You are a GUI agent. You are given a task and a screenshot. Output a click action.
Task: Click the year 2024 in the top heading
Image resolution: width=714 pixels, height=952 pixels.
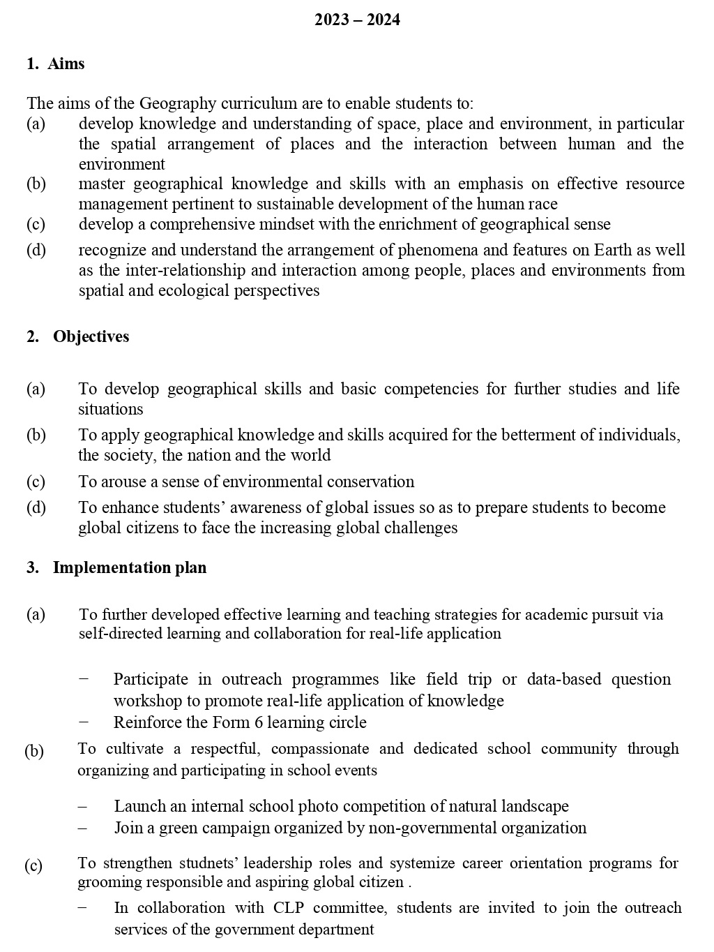[383, 20]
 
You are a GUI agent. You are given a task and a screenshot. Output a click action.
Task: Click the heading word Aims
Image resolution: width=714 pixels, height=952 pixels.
[66, 64]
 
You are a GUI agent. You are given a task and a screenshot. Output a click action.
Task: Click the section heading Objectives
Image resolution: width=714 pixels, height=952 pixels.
[91, 336]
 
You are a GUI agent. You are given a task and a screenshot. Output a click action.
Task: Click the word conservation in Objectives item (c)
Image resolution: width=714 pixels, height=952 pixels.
[371, 482]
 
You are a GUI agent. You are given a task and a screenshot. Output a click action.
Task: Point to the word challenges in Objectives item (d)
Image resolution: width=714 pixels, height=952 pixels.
[418, 528]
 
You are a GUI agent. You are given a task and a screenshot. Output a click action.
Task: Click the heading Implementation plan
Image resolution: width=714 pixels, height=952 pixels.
[130, 567]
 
